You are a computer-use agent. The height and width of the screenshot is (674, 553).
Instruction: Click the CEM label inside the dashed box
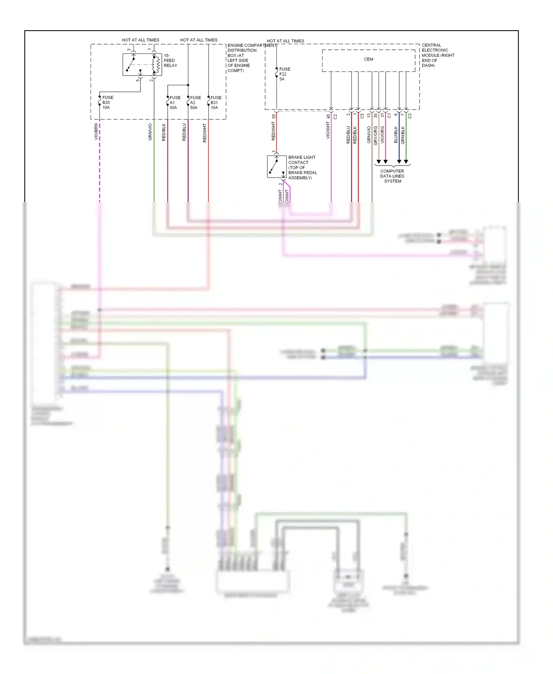[368, 59]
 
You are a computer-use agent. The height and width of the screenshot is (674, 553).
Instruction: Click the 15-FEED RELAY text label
[170, 60]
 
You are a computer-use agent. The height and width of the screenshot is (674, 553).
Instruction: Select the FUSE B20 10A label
[107, 103]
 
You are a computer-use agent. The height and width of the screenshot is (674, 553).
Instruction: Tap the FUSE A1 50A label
[175, 103]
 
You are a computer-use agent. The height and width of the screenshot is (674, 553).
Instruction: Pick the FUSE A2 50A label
[195, 103]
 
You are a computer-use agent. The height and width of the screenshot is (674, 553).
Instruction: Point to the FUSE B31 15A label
[216, 103]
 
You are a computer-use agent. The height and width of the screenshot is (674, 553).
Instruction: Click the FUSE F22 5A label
[284, 74]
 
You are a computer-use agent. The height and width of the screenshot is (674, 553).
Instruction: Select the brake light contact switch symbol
[276, 167]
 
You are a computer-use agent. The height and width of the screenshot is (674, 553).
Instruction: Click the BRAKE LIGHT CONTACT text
[302, 167]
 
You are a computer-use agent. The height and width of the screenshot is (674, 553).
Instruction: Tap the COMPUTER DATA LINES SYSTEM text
[392, 176]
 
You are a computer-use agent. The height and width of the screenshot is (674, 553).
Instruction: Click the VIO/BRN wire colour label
[96, 132]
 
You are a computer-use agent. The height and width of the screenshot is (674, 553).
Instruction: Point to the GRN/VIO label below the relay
[150, 132]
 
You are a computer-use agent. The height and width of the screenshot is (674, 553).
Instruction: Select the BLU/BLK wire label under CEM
[396, 135]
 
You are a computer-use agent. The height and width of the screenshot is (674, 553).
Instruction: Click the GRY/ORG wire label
[376, 135]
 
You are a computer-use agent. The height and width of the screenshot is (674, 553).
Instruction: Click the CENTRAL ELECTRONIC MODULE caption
[438, 55]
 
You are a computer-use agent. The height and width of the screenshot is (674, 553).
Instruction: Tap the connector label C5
[362, 116]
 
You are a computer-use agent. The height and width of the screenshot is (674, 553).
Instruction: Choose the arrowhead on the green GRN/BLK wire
[406, 161]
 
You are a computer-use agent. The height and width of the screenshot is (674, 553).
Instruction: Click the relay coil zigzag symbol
[157, 65]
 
